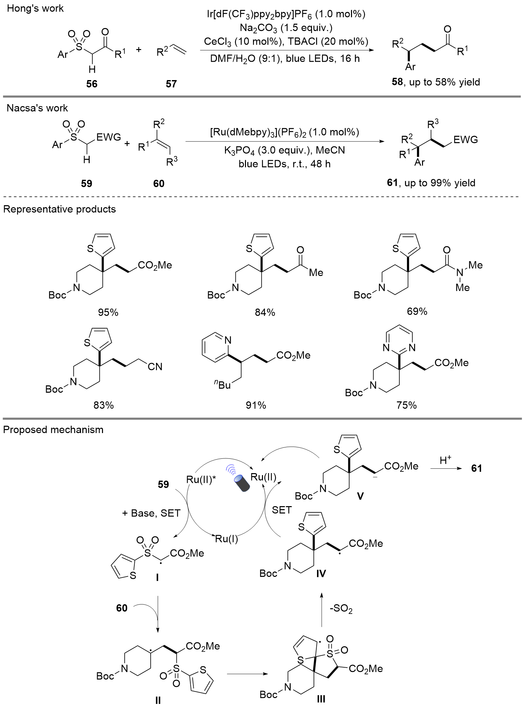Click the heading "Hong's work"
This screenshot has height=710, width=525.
(x=35, y=8)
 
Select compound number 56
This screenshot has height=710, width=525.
(x=92, y=83)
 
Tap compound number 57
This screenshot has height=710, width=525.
(x=171, y=83)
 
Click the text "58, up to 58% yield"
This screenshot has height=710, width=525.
(x=436, y=82)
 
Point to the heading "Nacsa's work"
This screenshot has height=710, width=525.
(x=37, y=108)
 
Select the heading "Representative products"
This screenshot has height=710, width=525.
(x=60, y=209)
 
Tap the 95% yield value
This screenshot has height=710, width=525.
(x=108, y=312)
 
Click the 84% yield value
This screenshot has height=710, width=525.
(x=265, y=312)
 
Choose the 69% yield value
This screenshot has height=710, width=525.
(x=417, y=311)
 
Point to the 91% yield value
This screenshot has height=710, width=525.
(x=256, y=405)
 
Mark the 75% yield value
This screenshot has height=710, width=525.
(x=407, y=405)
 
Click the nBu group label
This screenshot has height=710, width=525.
(x=222, y=385)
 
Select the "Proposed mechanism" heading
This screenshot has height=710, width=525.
(x=53, y=429)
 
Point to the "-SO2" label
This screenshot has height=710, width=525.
(x=341, y=609)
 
